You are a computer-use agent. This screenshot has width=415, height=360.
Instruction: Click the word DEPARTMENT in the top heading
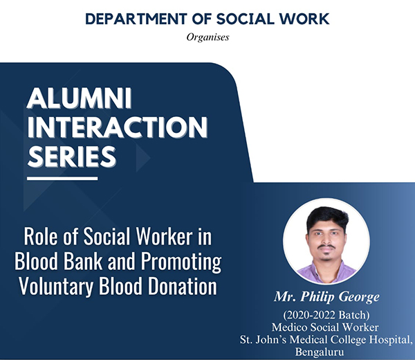point(136,19)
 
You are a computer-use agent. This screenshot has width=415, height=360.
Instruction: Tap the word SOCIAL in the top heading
point(246,19)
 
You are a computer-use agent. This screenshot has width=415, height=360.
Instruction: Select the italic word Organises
point(207,37)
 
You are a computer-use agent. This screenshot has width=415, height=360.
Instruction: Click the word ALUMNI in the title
point(80,98)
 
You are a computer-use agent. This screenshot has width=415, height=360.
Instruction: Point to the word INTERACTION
point(118,127)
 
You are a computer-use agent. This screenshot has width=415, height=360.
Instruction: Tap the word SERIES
point(72,156)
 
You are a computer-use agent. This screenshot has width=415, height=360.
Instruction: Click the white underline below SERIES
point(62,179)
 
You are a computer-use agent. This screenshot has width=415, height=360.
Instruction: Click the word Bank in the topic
point(83,261)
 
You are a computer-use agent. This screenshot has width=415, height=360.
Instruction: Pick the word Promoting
point(181,262)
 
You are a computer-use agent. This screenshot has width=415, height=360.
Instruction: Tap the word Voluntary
point(56,287)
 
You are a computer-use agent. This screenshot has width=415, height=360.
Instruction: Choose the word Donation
point(183,286)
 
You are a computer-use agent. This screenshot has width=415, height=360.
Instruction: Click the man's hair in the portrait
point(327,217)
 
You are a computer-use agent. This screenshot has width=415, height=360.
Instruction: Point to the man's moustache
point(326,246)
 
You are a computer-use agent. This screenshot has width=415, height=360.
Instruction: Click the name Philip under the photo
point(317,297)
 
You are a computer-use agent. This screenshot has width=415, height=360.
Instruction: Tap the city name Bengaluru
point(320,352)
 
